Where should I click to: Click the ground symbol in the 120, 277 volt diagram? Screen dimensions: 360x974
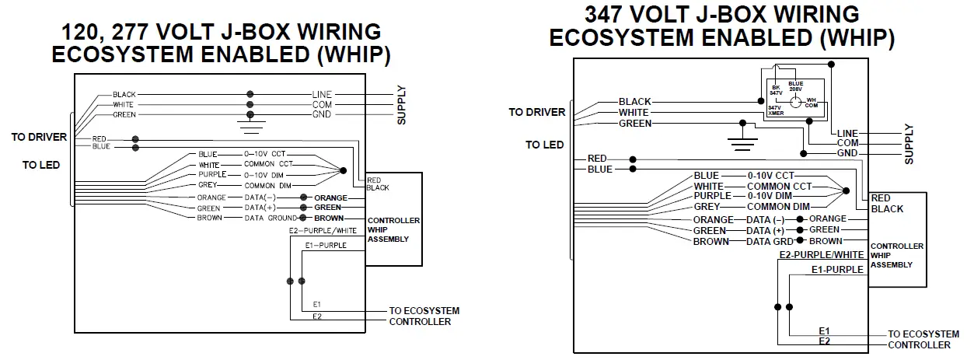point(250,123)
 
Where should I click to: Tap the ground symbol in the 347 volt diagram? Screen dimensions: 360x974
point(743,139)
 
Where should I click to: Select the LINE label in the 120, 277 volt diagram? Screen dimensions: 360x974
point(322,94)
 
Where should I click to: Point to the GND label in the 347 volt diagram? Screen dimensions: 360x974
point(847,154)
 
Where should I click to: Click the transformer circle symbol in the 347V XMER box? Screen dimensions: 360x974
point(794,102)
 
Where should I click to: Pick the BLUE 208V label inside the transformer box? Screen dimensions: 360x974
point(795,86)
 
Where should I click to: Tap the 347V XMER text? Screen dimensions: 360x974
point(776,111)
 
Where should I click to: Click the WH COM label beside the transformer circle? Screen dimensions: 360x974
point(811,102)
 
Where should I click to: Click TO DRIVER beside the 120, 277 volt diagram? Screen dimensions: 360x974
point(39,138)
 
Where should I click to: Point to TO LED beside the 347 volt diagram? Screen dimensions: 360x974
point(544,145)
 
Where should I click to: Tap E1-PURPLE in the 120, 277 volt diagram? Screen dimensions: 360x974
point(325,244)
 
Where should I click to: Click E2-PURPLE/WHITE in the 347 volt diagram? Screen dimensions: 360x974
point(822,255)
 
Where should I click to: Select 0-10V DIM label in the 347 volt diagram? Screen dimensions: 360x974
point(771,196)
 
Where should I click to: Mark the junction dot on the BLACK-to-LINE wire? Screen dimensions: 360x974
point(250,94)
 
